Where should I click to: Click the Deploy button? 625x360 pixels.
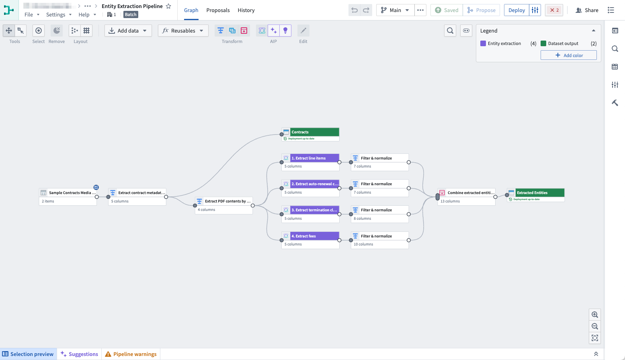coord(516,10)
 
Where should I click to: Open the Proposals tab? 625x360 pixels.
coord(218,10)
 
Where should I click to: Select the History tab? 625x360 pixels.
coord(246,10)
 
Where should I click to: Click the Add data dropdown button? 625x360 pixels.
coord(128,31)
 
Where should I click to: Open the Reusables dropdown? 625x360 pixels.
coord(183,31)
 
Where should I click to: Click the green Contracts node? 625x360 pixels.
coord(314,132)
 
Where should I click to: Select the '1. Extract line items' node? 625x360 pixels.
coord(314,158)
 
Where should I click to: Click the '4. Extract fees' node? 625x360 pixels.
coord(314,236)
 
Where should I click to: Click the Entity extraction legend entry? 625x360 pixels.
coord(504,43)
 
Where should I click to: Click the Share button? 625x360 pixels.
coord(587,10)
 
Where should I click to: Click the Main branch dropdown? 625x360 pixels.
coord(395,10)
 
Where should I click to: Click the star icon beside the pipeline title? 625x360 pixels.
coord(168,6)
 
